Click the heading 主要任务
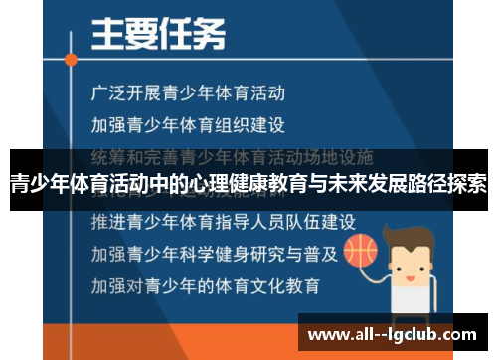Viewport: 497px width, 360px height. click(158, 37)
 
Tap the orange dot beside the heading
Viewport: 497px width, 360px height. click(71, 59)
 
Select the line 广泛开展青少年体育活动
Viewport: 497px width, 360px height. click(188, 93)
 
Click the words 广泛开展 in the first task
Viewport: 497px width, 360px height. click(122, 93)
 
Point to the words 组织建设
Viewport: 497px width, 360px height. click(252, 125)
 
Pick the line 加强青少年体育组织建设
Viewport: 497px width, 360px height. click(188, 125)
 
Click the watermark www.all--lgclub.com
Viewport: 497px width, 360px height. click(392, 334)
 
